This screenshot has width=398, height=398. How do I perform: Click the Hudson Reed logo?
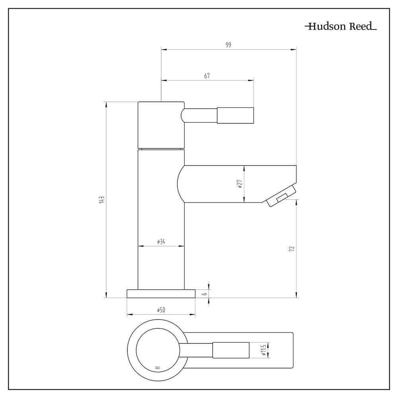click(341, 26)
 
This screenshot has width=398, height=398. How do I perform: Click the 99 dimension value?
click(228, 45)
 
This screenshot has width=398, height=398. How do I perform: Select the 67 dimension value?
click(207, 76)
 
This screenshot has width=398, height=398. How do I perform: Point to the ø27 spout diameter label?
click(240, 184)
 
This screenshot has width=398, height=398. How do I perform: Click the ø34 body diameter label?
click(161, 242)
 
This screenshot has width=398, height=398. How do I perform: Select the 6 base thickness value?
click(205, 293)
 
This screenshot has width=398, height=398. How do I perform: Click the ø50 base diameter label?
click(161, 310)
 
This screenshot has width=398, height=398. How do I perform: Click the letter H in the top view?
click(158, 367)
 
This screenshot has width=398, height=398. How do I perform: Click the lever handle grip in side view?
click(235, 115)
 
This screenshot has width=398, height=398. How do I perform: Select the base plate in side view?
click(161, 293)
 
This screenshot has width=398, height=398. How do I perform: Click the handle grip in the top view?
click(231, 350)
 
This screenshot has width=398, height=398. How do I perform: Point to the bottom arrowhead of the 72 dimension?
click(297, 295)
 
